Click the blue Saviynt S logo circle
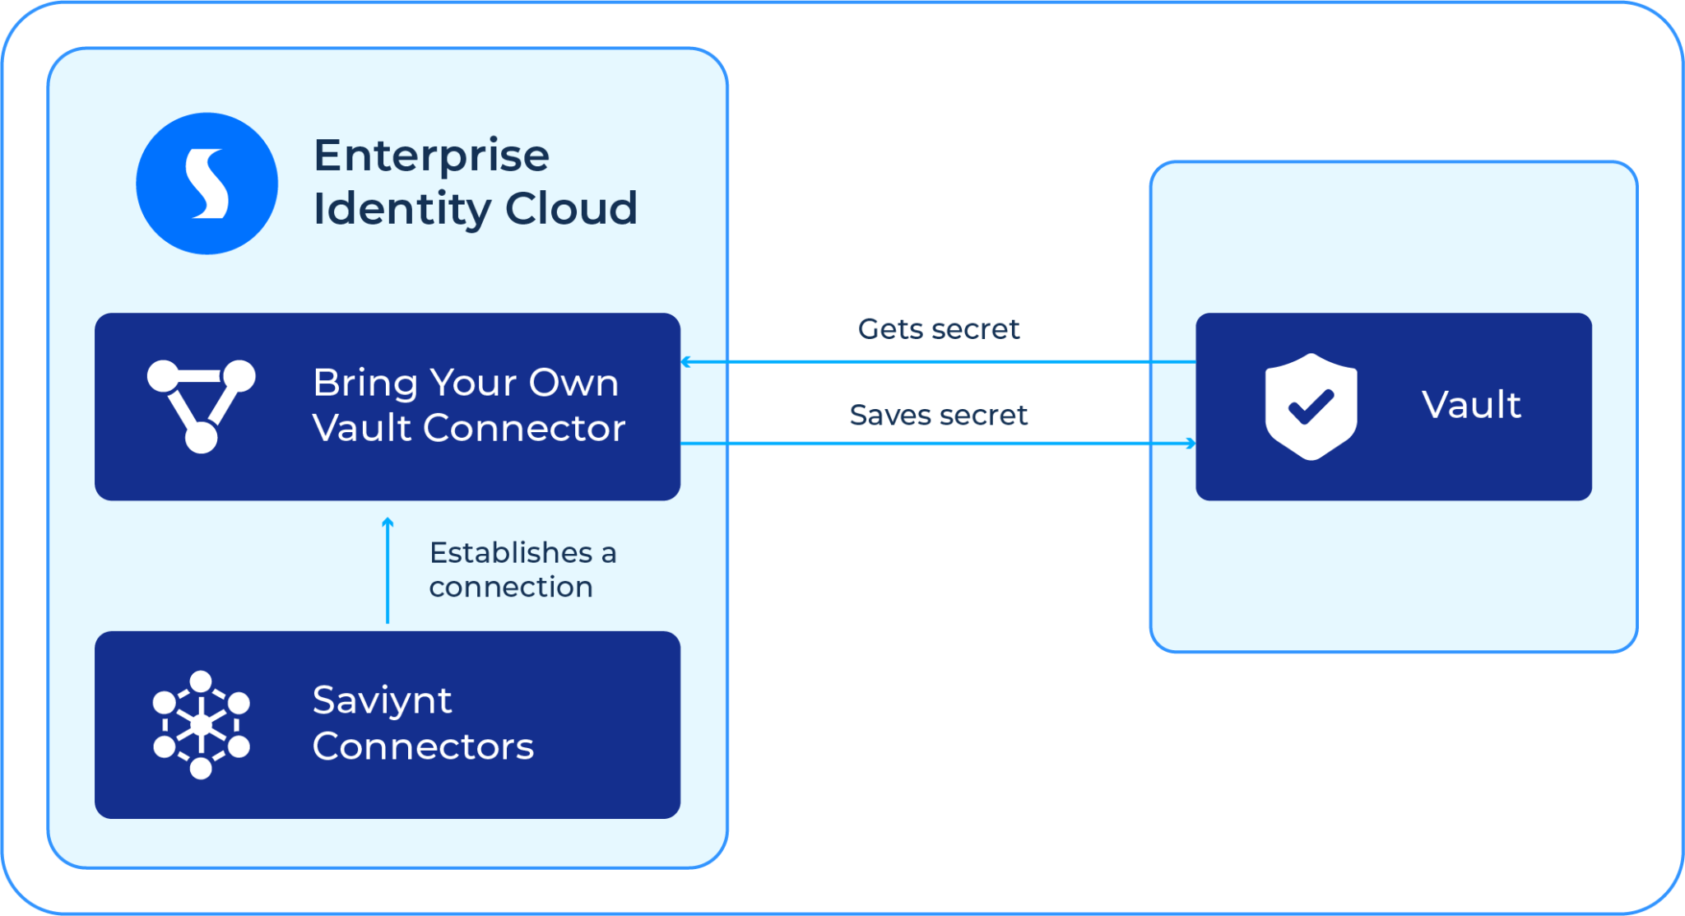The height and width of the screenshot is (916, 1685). click(x=207, y=184)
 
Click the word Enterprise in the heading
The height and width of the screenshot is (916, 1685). click(x=431, y=156)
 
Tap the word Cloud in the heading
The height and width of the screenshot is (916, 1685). click(x=571, y=208)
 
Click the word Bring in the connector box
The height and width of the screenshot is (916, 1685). click(x=365, y=384)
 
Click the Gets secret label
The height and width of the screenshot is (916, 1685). click(x=938, y=329)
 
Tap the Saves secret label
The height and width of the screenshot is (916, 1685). click(x=938, y=416)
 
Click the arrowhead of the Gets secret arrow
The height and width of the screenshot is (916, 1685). click(x=685, y=362)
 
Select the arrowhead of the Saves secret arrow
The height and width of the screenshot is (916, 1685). click(x=1191, y=444)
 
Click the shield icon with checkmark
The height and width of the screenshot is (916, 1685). click(x=1311, y=407)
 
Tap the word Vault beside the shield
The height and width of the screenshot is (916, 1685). click(x=1471, y=405)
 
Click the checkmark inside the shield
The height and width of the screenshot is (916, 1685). click(x=1311, y=406)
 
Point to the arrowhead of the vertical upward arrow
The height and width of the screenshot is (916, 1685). click(x=388, y=521)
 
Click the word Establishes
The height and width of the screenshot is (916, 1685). click(x=511, y=553)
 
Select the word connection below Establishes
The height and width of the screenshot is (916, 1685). click(x=510, y=588)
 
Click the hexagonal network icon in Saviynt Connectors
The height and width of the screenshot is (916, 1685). click(x=201, y=725)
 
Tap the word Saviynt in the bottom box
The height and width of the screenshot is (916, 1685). click(x=382, y=701)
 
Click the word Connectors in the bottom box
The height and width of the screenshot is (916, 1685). click(x=423, y=747)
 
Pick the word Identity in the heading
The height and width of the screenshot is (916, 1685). click(x=402, y=208)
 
